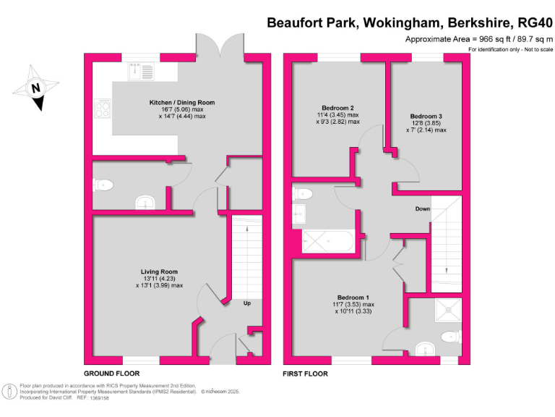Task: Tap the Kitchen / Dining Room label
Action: (x=182, y=103)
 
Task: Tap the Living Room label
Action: (x=159, y=272)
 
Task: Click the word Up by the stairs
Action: (x=246, y=303)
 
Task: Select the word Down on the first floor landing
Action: (x=423, y=209)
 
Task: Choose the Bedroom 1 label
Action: (x=353, y=298)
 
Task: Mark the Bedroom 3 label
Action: (x=426, y=116)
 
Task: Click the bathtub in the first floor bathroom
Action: (x=327, y=242)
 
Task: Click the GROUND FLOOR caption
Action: (x=111, y=374)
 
